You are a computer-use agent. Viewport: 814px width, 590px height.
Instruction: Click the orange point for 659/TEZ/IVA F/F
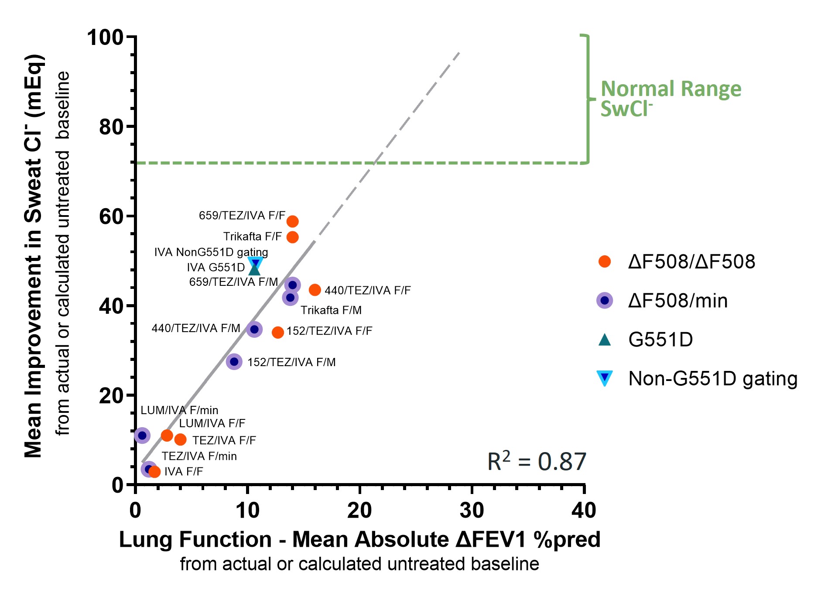(x=292, y=222)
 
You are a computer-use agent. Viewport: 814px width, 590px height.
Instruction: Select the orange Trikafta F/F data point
(x=292, y=237)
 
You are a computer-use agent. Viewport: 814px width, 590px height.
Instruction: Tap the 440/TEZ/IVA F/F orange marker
(x=315, y=290)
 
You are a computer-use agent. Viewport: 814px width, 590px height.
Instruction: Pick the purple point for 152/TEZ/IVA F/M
(x=234, y=362)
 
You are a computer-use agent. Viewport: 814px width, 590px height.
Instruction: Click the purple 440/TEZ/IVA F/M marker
(x=254, y=329)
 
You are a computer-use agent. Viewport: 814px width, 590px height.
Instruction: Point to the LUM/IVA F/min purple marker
(x=142, y=435)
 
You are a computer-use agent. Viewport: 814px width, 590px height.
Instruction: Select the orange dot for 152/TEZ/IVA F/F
(x=278, y=333)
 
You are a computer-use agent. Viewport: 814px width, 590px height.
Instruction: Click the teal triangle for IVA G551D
(x=254, y=270)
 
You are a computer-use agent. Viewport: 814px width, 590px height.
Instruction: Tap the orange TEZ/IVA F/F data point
(x=181, y=439)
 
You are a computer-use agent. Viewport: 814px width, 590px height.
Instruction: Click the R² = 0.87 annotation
(x=537, y=461)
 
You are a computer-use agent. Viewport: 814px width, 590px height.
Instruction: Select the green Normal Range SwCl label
(x=670, y=98)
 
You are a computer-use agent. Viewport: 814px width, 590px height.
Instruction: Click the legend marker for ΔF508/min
(x=605, y=301)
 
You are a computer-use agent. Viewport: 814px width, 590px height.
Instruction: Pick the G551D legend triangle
(x=605, y=340)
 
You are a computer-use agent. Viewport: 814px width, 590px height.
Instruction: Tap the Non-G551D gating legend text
(x=713, y=379)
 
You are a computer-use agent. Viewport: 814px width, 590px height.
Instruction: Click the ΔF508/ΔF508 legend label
(x=691, y=262)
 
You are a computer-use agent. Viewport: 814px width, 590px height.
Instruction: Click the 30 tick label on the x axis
(x=472, y=510)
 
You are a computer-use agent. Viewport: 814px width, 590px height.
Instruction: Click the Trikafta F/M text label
(x=331, y=310)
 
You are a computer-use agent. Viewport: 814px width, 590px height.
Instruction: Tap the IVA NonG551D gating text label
(x=211, y=252)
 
